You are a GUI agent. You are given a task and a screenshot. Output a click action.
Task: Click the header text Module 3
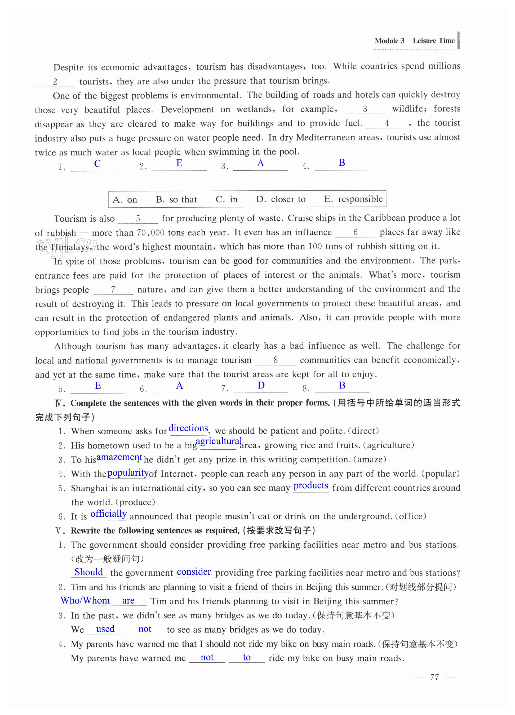tap(389, 41)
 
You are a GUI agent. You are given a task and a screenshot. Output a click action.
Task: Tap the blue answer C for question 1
tap(97, 164)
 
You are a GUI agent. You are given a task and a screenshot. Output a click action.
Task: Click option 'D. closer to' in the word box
tap(281, 199)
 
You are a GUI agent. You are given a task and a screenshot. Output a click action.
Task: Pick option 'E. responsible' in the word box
tap(353, 199)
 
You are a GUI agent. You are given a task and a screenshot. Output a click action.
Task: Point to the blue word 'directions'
tap(188, 428)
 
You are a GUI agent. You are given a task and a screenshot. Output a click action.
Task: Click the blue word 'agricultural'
tap(219, 441)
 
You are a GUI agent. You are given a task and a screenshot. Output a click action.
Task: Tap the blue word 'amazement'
tap(119, 457)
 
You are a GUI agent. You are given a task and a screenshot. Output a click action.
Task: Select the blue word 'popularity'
tap(128, 473)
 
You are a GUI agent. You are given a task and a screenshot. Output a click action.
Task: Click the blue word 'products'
tap(311, 485)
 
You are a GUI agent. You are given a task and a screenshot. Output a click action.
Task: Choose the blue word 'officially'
tap(109, 514)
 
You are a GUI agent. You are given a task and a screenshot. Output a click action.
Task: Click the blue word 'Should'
tap(89, 572)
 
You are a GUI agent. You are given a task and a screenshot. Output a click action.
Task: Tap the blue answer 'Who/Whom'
tap(85, 601)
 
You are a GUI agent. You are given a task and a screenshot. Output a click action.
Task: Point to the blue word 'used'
tap(105, 629)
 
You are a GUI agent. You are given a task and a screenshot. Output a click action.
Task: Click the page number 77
tap(434, 677)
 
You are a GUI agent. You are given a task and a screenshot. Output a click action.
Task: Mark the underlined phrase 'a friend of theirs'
tap(260, 587)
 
